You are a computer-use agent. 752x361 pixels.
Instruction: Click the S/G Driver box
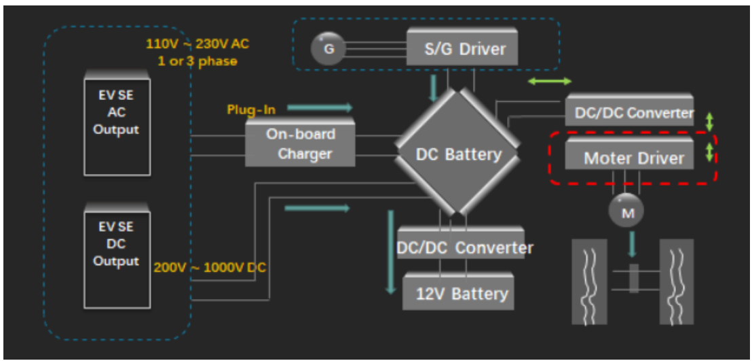pos(465,49)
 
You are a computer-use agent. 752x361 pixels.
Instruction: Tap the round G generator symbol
pos(328,50)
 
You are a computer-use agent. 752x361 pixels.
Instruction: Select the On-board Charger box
pos(300,143)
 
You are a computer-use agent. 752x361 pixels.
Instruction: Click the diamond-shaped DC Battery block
pos(458,154)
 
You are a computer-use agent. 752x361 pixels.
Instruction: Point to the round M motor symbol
pos(627,213)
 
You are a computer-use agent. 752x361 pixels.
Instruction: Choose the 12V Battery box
pos(458,294)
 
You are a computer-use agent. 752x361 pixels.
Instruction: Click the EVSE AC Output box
pos(116,126)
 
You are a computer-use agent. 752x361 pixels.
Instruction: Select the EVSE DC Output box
pos(116,259)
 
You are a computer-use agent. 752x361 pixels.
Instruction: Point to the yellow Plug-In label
pos(251,109)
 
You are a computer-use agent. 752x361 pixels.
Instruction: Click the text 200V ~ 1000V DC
pos(210,268)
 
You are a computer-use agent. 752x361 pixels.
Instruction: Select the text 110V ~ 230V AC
pos(198,45)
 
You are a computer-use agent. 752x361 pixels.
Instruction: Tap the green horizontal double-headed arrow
pos(550,82)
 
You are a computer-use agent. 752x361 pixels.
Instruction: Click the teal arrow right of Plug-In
pos(320,107)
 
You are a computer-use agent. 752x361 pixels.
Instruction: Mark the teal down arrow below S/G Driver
pos(433,86)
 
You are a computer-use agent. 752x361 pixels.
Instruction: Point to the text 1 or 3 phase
pos(198,61)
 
